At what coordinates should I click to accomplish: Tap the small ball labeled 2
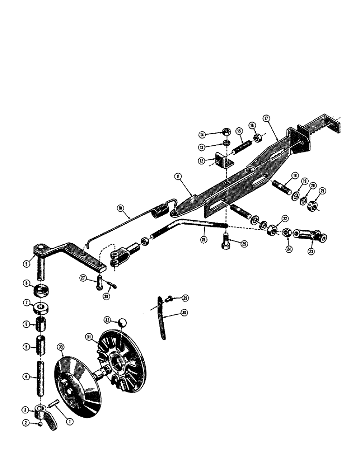tap(42, 424)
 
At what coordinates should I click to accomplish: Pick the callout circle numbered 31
tap(88, 336)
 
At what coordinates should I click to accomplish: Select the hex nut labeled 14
tap(225, 132)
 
